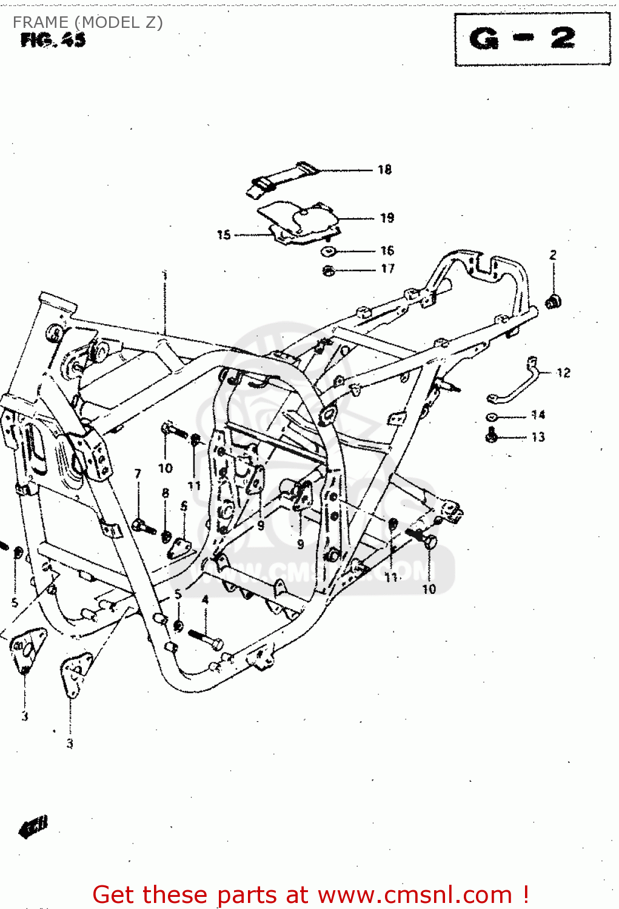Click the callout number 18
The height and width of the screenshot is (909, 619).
pyautogui.click(x=384, y=170)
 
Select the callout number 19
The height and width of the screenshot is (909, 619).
pyautogui.click(x=387, y=218)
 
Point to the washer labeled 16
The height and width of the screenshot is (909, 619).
pyautogui.click(x=328, y=251)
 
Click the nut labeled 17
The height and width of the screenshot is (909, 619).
pyautogui.click(x=328, y=270)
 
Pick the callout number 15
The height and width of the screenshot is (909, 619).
pyautogui.click(x=224, y=235)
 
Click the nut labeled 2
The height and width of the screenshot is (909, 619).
pyautogui.click(x=553, y=301)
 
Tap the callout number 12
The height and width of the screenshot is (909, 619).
pyautogui.click(x=563, y=373)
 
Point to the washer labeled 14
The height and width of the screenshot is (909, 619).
pyautogui.click(x=492, y=417)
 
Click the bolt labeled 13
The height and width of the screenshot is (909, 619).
pyautogui.click(x=492, y=435)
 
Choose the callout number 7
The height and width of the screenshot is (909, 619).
pyautogui.click(x=138, y=474)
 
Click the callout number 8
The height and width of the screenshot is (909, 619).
pyautogui.click(x=166, y=493)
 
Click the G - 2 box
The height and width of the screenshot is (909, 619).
pyautogui.click(x=532, y=39)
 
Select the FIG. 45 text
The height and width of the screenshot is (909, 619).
pyautogui.click(x=53, y=41)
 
